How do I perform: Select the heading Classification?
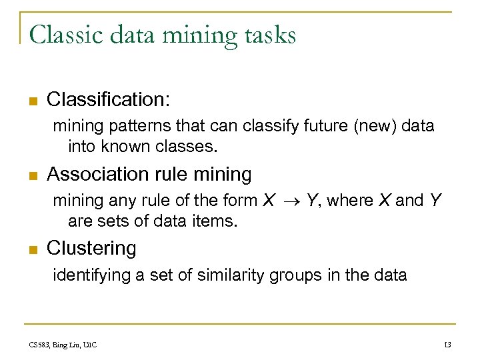click(x=109, y=100)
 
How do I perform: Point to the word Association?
click(x=97, y=175)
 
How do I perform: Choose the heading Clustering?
click(x=91, y=249)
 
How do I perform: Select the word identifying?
click(x=91, y=275)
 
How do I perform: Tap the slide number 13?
click(x=447, y=345)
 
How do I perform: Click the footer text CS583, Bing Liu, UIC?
click(x=63, y=345)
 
